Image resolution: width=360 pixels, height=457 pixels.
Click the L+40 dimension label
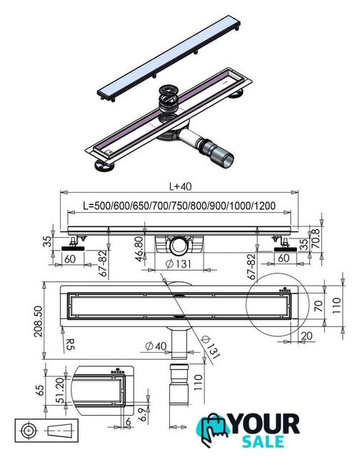181,186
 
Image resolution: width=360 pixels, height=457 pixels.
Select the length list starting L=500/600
179,206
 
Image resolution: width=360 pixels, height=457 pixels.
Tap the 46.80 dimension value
139,249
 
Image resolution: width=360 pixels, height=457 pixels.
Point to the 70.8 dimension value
316,239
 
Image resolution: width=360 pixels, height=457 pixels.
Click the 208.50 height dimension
38,321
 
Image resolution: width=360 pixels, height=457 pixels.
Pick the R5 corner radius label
70,344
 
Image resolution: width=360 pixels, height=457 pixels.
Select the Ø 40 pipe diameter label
156,346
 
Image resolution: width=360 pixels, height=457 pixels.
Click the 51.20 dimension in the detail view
60,391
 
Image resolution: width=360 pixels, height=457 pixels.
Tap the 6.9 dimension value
142,414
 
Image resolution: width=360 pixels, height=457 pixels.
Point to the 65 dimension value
40,391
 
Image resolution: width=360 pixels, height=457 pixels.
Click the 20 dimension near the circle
306,336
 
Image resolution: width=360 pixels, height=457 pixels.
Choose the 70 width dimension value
319,306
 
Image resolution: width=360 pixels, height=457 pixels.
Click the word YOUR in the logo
265,424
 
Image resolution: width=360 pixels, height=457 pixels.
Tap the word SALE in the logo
264,441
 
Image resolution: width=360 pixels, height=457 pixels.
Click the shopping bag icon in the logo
213,429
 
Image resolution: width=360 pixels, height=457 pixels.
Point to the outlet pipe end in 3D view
226,160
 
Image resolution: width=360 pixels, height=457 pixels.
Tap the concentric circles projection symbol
29,430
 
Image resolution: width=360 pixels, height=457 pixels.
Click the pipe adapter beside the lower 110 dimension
179,384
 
